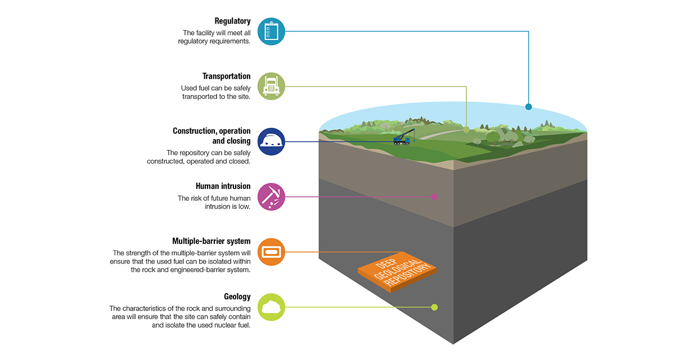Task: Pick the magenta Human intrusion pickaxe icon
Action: [272, 196]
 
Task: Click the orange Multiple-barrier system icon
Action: [272, 251]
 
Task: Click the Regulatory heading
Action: [232, 21]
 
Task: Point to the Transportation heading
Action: [227, 76]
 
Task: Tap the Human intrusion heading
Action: [223, 186]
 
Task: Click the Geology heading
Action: [237, 296]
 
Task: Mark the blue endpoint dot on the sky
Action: [528, 106]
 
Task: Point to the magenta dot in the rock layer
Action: [434, 196]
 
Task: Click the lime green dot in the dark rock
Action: [434, 307]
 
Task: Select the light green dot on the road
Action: [466, 129]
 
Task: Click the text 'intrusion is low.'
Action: [227, 207]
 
